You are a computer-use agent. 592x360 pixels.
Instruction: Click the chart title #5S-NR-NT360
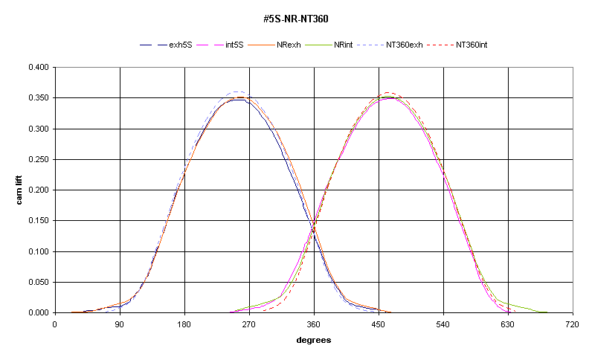[296, 18]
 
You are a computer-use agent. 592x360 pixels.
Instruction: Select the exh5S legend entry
[181, 45]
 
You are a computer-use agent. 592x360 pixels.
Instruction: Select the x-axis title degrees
[313, 340]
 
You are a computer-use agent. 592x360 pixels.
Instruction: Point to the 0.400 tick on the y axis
[39, 68]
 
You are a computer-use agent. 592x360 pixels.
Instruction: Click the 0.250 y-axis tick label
[39, 160]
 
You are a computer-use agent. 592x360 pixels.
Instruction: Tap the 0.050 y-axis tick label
[39, 283]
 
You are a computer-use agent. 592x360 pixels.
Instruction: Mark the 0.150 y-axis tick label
[39, 221]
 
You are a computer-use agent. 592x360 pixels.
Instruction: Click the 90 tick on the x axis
[120, 324]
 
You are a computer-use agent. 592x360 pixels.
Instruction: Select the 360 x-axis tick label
[314, 324]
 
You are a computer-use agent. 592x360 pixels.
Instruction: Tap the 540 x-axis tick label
[443, 324]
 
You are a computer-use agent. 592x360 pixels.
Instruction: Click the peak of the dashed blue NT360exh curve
[237, 91]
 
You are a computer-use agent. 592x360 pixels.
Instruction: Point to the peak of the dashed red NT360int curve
[390, 92]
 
